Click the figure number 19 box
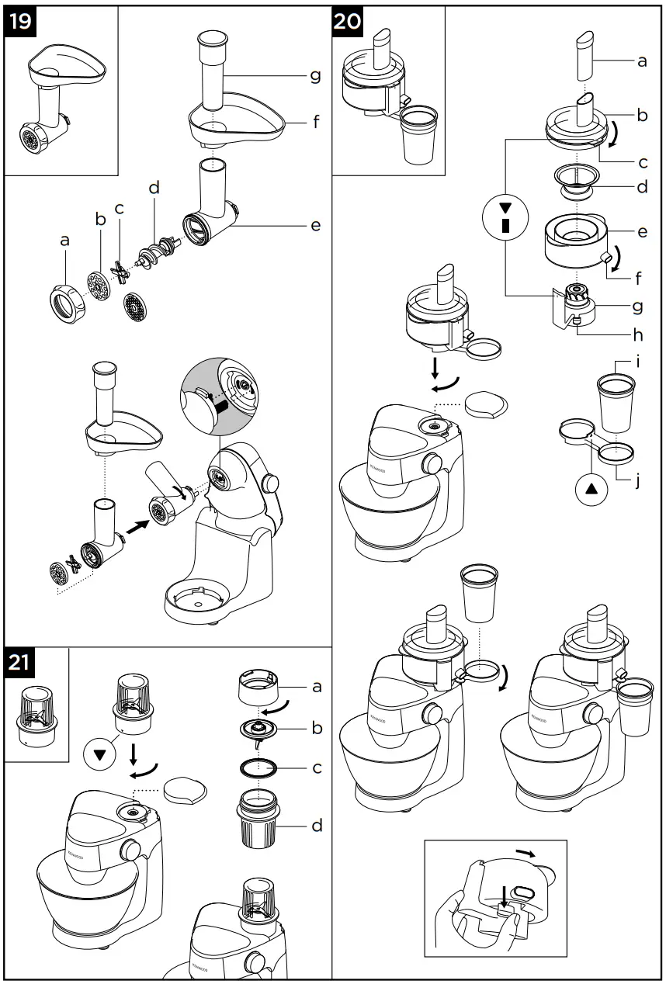click(21, 21)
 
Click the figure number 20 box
click(347, 21)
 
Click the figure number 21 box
click(21, 663)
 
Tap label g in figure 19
click(314, 74)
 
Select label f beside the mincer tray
click(314, 122)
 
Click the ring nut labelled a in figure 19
click(66, 302)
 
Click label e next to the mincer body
click(314, 225)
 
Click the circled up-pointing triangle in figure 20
click(591, 490)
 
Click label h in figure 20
click(637, 336)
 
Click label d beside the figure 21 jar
click(317, 825)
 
